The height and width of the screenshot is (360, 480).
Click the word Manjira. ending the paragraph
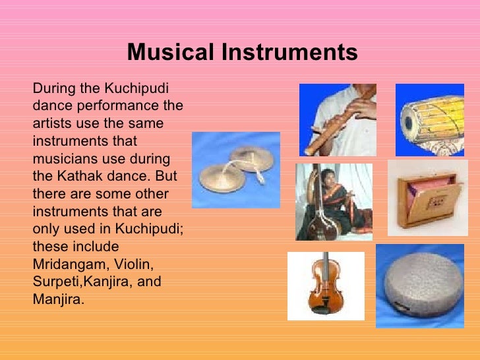(x=59, y=300)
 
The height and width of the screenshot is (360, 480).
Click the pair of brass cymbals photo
(x=236, y=170)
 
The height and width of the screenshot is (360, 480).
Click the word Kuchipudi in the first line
(x=147, y=88)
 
